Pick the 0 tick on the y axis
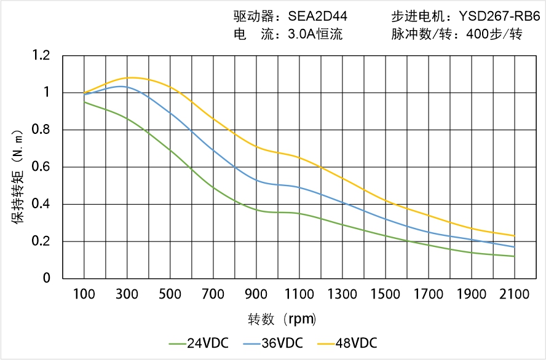point(47,278)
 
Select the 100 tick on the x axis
point(84,294)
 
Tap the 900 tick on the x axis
point(256,294)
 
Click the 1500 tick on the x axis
point(385,294)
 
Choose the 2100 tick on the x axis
point(514,294)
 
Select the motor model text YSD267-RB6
point(500,17)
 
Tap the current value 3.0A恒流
point(315,34)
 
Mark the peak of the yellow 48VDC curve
point(133,77)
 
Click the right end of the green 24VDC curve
point(514,256)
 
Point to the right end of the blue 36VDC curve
point(514,247)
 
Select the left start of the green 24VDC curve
point(84,102)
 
